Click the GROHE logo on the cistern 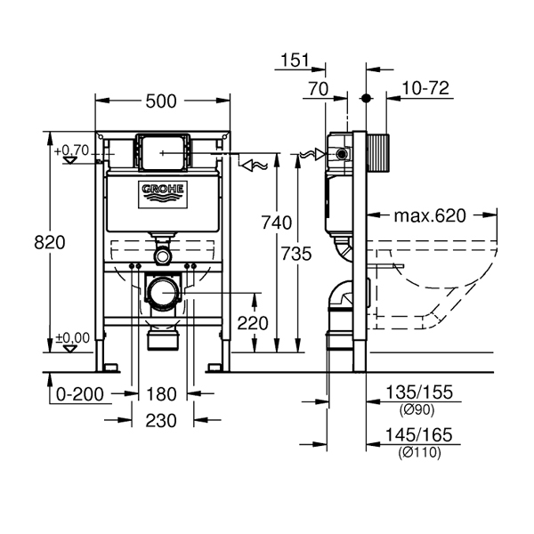(163, 195)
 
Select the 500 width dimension (161, 101)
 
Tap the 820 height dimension (49, 243)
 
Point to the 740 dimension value (277, 222)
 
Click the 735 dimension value (296, 254)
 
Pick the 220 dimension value (253, 323)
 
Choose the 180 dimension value (161, 394)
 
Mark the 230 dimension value (161, 421)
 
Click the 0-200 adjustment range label (80, 394)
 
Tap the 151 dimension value (295, 61)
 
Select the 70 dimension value (319, 89)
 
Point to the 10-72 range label (425, 88)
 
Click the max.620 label (430, 216)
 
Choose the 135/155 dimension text (419, 392)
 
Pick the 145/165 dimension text (418, 435)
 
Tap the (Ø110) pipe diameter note (419, 453)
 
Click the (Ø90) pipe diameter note (417, 410)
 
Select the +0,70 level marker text (71, 150)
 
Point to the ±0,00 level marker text (73, 338)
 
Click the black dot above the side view (366, 99)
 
